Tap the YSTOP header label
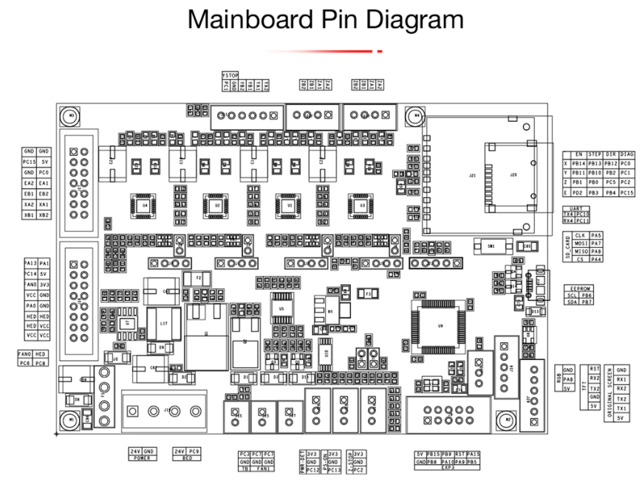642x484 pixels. [230, 75]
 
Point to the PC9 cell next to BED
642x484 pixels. [194, 450]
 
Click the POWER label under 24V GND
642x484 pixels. [143, 457]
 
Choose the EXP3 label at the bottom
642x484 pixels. [448, 467]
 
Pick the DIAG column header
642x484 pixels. [626, 154]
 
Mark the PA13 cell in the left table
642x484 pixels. [30, 263]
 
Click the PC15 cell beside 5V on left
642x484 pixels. [30, 161]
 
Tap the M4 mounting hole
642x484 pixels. [417, 116]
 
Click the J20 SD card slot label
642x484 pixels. [512, 175]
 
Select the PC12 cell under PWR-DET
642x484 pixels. [313, 469]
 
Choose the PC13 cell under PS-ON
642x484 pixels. [333, 469]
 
